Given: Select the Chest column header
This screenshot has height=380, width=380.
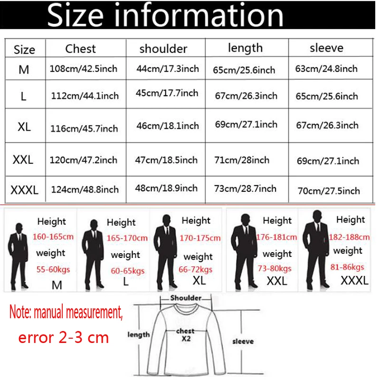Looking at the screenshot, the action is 80,48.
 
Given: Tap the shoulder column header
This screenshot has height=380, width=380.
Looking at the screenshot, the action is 163,49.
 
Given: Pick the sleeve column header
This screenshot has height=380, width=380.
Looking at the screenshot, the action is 326,48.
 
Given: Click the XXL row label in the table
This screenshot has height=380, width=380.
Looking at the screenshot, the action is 23,160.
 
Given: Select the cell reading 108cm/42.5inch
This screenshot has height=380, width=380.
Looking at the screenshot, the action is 83,69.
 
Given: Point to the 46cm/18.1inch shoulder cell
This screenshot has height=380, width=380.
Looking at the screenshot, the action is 167,126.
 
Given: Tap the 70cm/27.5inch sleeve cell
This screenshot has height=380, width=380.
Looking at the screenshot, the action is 329,191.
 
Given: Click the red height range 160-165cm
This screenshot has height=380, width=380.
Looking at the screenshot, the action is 52,237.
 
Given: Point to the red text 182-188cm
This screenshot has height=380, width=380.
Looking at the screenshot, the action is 349,237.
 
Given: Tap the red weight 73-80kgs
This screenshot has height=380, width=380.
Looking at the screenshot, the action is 275,268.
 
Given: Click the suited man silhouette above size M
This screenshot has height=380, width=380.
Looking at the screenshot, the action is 18,254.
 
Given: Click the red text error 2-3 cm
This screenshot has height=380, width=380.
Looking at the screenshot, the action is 64,338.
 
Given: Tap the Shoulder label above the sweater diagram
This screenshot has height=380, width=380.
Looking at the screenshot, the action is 186,298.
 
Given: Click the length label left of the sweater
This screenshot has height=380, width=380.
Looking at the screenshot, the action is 139,335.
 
